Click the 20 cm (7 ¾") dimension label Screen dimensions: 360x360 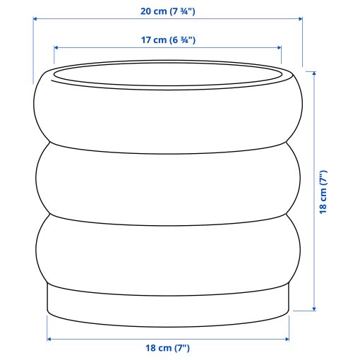168,11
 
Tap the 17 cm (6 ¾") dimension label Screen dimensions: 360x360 168,40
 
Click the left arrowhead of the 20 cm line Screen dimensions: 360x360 35,20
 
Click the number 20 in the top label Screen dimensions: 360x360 146,11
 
